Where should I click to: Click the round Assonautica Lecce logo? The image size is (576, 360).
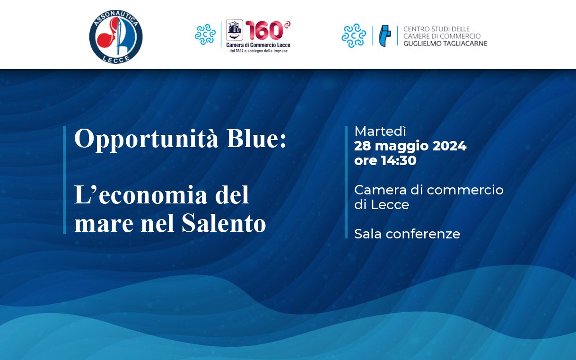116,37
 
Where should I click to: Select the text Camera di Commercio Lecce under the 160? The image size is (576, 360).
258,45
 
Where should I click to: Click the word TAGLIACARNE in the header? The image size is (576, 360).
465,44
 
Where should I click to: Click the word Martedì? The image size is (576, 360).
380,131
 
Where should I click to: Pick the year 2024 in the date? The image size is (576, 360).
449,146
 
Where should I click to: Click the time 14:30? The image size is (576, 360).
399,160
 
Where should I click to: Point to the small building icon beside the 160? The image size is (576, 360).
234,30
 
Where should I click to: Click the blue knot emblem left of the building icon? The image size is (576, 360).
205,34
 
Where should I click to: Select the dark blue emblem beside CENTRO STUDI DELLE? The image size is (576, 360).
385,36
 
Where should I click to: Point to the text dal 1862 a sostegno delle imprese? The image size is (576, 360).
258,51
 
